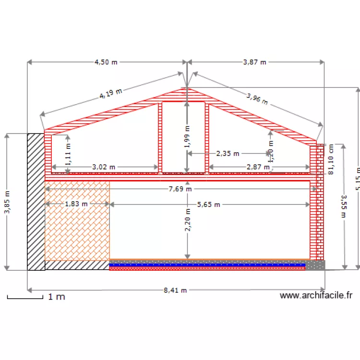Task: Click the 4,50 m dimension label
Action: click(106, 62)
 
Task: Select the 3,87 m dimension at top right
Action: click(255, 62)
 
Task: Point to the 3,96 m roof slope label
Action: click(257, 99)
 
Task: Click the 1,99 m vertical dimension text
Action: click(187, 135)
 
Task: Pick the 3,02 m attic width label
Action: click(104, 168)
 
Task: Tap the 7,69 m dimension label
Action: click(180, 189)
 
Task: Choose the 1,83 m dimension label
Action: click(77, 204)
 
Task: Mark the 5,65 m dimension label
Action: click(208, 204)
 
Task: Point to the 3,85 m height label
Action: click(7, 202)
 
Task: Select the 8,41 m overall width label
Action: click(175, 290)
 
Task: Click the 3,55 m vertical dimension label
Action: click(343, 206)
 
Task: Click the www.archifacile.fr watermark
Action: click(316, 296)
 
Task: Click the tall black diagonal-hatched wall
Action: click(36, 202)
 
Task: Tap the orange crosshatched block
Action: click(77, 221)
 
